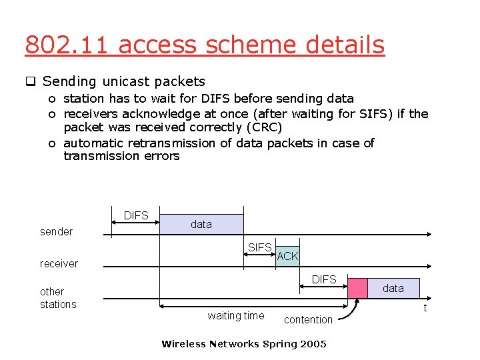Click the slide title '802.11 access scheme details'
click(x=205, y=45)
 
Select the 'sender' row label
click(x=57, y=232)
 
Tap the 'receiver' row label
click(x=59, y=264)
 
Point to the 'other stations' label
click(x=58, y=298)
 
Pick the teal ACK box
click(x=287, y=256)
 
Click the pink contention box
click(x=358, y=288)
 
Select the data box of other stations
click(x=393, y=288)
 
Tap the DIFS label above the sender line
click(x=136, y=216)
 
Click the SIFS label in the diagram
click(x=259, y=248)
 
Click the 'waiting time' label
click(x=235, y=316)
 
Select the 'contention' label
click(x=308, y=320)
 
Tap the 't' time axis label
click(x=425, y=308)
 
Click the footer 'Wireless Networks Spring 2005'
click(x=244, y=344)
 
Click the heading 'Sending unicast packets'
click(x=123, y=82)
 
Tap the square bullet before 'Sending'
click(x=30, y=83)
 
